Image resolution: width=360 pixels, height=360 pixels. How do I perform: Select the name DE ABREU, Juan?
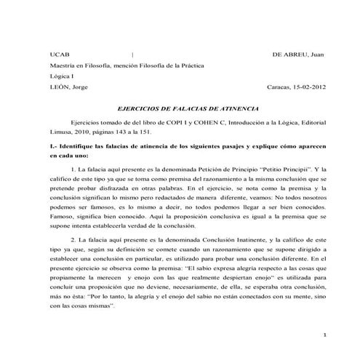click(298, 54)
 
